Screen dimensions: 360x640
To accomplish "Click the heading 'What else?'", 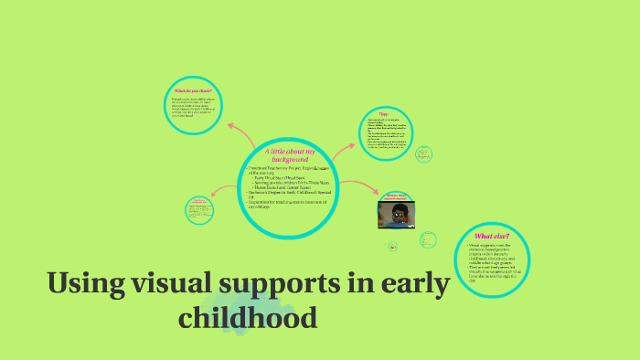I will pos(492,237).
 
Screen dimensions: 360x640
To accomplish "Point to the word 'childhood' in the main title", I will pos(248,317).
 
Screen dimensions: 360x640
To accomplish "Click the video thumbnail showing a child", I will pos(396,214).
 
